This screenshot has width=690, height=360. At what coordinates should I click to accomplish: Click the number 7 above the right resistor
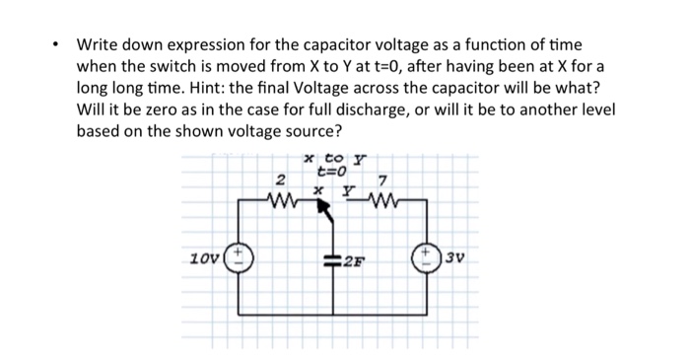pyautogui.click(x=382, y=180)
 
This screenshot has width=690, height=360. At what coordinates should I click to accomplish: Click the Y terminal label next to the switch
pyautogui.click(x=347, y=186)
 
